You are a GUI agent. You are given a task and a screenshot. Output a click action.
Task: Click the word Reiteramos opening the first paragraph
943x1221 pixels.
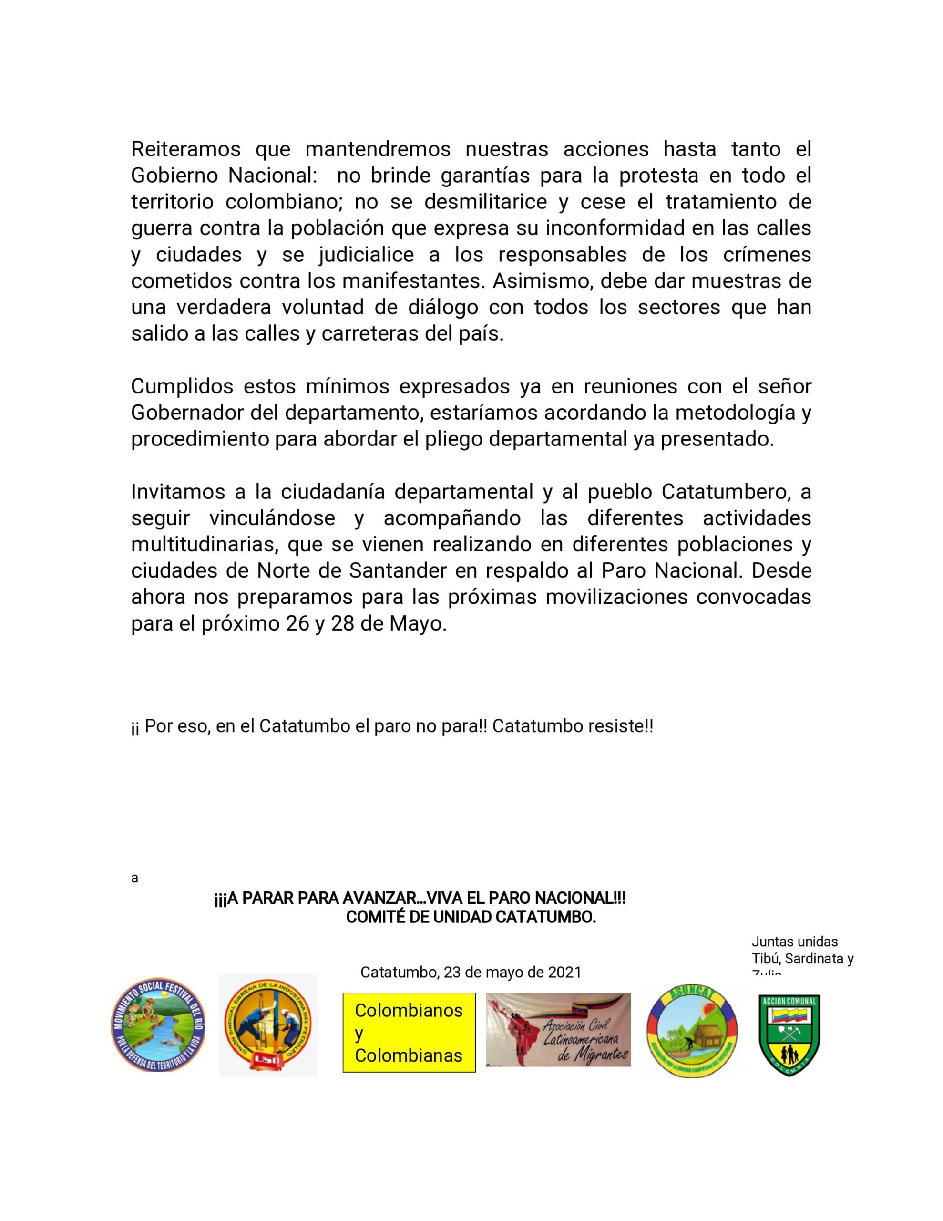(185, 149)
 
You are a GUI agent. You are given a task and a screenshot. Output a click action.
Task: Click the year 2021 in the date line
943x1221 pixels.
(564, 972)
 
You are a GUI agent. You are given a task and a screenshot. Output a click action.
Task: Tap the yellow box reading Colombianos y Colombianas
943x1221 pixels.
(409, 1032)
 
